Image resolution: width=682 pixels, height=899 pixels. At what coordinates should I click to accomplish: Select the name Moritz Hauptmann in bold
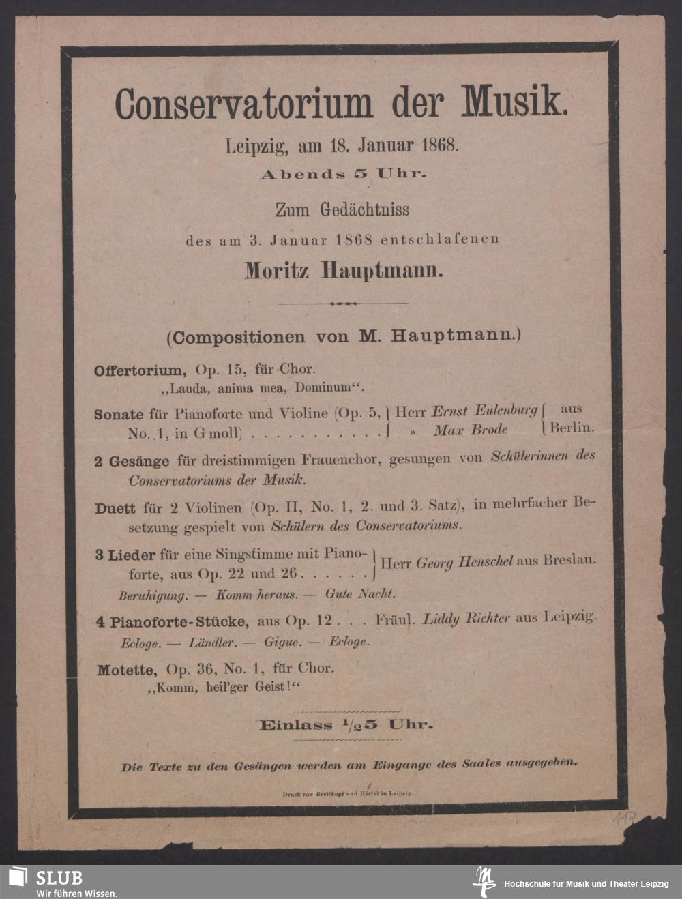click(344, 271)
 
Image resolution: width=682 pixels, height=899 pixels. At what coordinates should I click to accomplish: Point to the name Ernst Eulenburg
click(485, 411)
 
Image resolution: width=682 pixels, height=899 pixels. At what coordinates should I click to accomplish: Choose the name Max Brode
click(471, 430)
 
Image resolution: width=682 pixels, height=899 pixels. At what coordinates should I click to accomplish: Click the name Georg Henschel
click(464, 563)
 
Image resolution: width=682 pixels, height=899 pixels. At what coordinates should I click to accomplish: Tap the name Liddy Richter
click(466, 619)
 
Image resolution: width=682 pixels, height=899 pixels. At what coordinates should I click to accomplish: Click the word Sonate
click(119, 414)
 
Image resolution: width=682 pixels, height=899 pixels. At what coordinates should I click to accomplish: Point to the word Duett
click(115, 508)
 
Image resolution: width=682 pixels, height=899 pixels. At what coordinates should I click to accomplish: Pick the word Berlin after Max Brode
click(572, 428)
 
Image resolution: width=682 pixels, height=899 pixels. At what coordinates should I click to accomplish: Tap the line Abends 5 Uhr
click(343, 174)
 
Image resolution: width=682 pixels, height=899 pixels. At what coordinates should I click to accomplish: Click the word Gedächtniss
click(366, 209)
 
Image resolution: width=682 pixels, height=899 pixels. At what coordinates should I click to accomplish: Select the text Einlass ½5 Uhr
click(346, 724)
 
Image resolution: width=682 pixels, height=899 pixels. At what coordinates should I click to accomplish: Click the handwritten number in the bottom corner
click(623, 818)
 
